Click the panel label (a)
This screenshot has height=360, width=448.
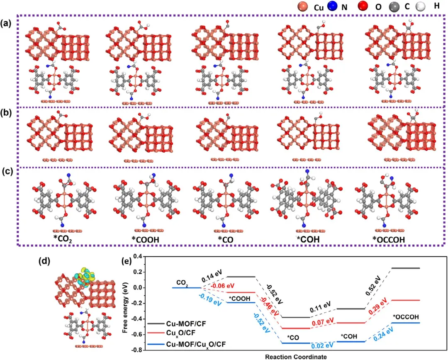coord(7,23)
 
